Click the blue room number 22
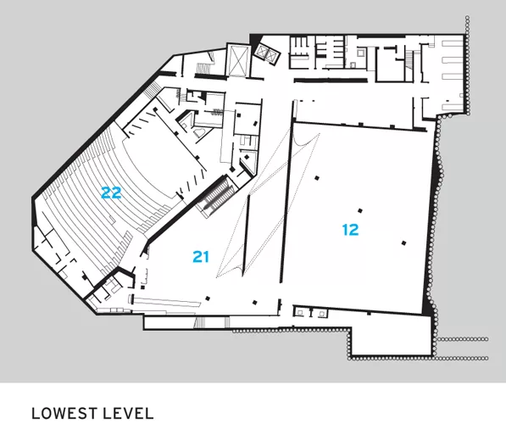pos(111,192)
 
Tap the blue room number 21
pos(201,257)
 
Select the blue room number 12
pos(350,230)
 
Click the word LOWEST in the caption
pos(64,414)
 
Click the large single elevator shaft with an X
pos(238,59)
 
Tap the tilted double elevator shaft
pos(266,53)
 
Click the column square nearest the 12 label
pos(360,211)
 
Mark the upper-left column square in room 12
pos(317,177)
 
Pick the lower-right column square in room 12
pos(403,243)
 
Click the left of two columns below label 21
pos(208,298)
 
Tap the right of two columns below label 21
pos(254,303)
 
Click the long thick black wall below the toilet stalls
pos(331,80)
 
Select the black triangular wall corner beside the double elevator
pos(254,41)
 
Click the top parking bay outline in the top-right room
pos(452,43)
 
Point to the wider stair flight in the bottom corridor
pos(200,322)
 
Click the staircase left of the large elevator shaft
pos(203,68)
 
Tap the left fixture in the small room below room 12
pos(300,312)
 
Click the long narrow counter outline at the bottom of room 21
pos(166,301)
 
